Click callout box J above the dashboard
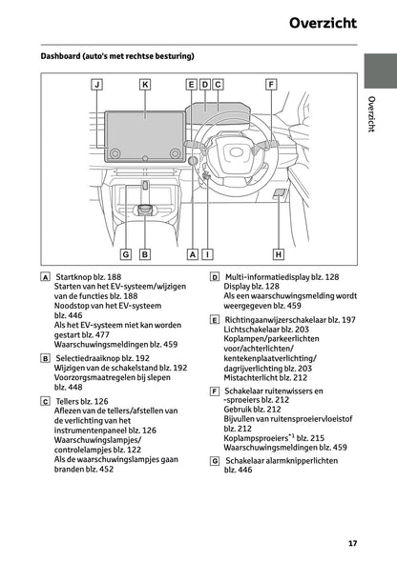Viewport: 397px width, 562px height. (x=96, y=85)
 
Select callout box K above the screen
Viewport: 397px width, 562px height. (x=144, y=85)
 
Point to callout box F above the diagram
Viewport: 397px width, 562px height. (x=271, y=85)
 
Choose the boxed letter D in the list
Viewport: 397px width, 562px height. (x=215, y=275)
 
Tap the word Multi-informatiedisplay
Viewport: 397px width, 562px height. (x=273, y=275)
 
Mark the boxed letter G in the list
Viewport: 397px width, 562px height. (x=215, y=460)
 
